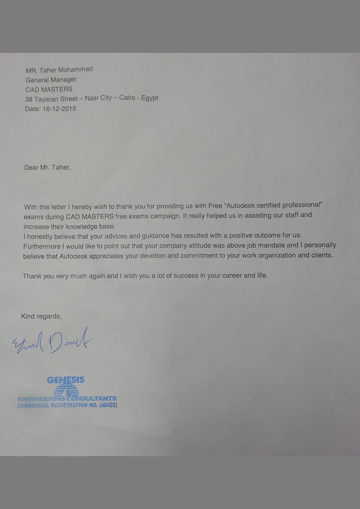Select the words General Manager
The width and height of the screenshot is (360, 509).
[x=51, y=80]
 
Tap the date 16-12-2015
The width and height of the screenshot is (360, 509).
[x=59, y=109]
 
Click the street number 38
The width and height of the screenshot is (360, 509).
[x=28, y=100]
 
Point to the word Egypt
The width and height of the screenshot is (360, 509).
[x=150, y=98]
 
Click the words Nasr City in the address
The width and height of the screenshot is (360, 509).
[x=98, y=98]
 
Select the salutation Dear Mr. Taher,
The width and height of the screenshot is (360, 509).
[x=47, y=167]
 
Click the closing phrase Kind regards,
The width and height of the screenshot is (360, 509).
[x=41, y=316]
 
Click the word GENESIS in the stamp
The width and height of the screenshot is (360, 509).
[x=66, y=380]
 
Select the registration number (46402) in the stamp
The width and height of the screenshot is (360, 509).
[x=108, y=405]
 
